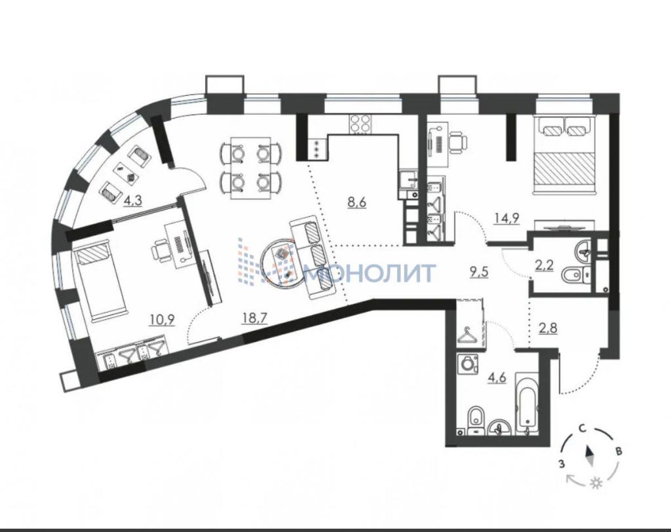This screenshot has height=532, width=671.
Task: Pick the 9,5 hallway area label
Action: tap(479, 273)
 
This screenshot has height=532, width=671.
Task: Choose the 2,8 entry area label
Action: tap(547, 329)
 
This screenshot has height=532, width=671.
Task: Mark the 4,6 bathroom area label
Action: tap(498, 377)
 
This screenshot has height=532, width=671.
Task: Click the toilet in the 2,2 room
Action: tap(575, 275)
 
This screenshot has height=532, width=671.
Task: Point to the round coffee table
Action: tap(283, 264)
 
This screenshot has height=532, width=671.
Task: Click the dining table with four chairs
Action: tap(251, 168)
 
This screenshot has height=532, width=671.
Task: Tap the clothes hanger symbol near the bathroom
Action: tap(469, 336)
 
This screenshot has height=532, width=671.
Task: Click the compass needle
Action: tap(590, 456)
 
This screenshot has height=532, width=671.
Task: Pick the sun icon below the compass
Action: tap(596, 484)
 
